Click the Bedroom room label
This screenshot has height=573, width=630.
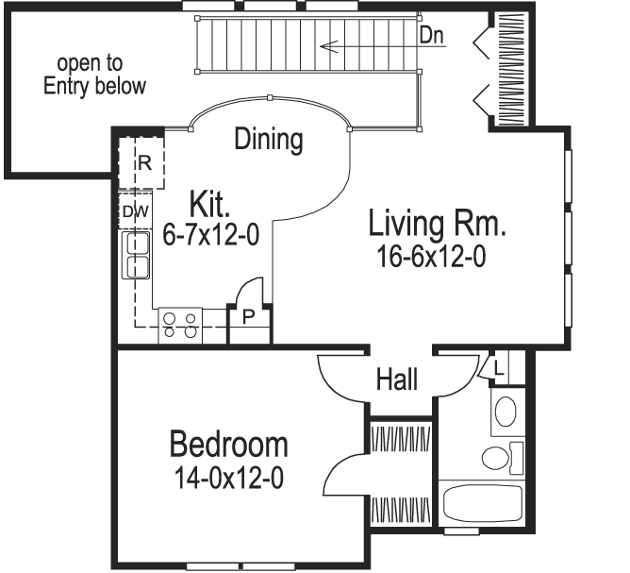pyautogui.click(x=228, y=444)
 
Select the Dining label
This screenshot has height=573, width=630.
pyautogui.click(x=269, y=140)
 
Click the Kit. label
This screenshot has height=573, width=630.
pyautogui.click(x=210, y=204)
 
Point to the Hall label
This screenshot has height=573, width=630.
pyautogui.click(x=397, y=380)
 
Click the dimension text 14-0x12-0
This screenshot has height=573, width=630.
pyautogui.click(x=228, y=478)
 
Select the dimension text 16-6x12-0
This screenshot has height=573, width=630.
pyautogui.click(x=427, y=257)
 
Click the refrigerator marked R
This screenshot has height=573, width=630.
pyautogui.click(x=144, y=162)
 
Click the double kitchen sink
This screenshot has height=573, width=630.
pyautogui.click(x=138, y=255)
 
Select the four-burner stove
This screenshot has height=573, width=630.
pyautogui.click(x=180, y=324)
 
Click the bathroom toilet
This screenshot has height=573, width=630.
pyautogui.click(x=497, y=458)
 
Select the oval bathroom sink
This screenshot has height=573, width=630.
pyautogui.click(x=506, y=413)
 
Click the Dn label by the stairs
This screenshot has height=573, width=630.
pyautogui.click(x=432, y=36)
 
